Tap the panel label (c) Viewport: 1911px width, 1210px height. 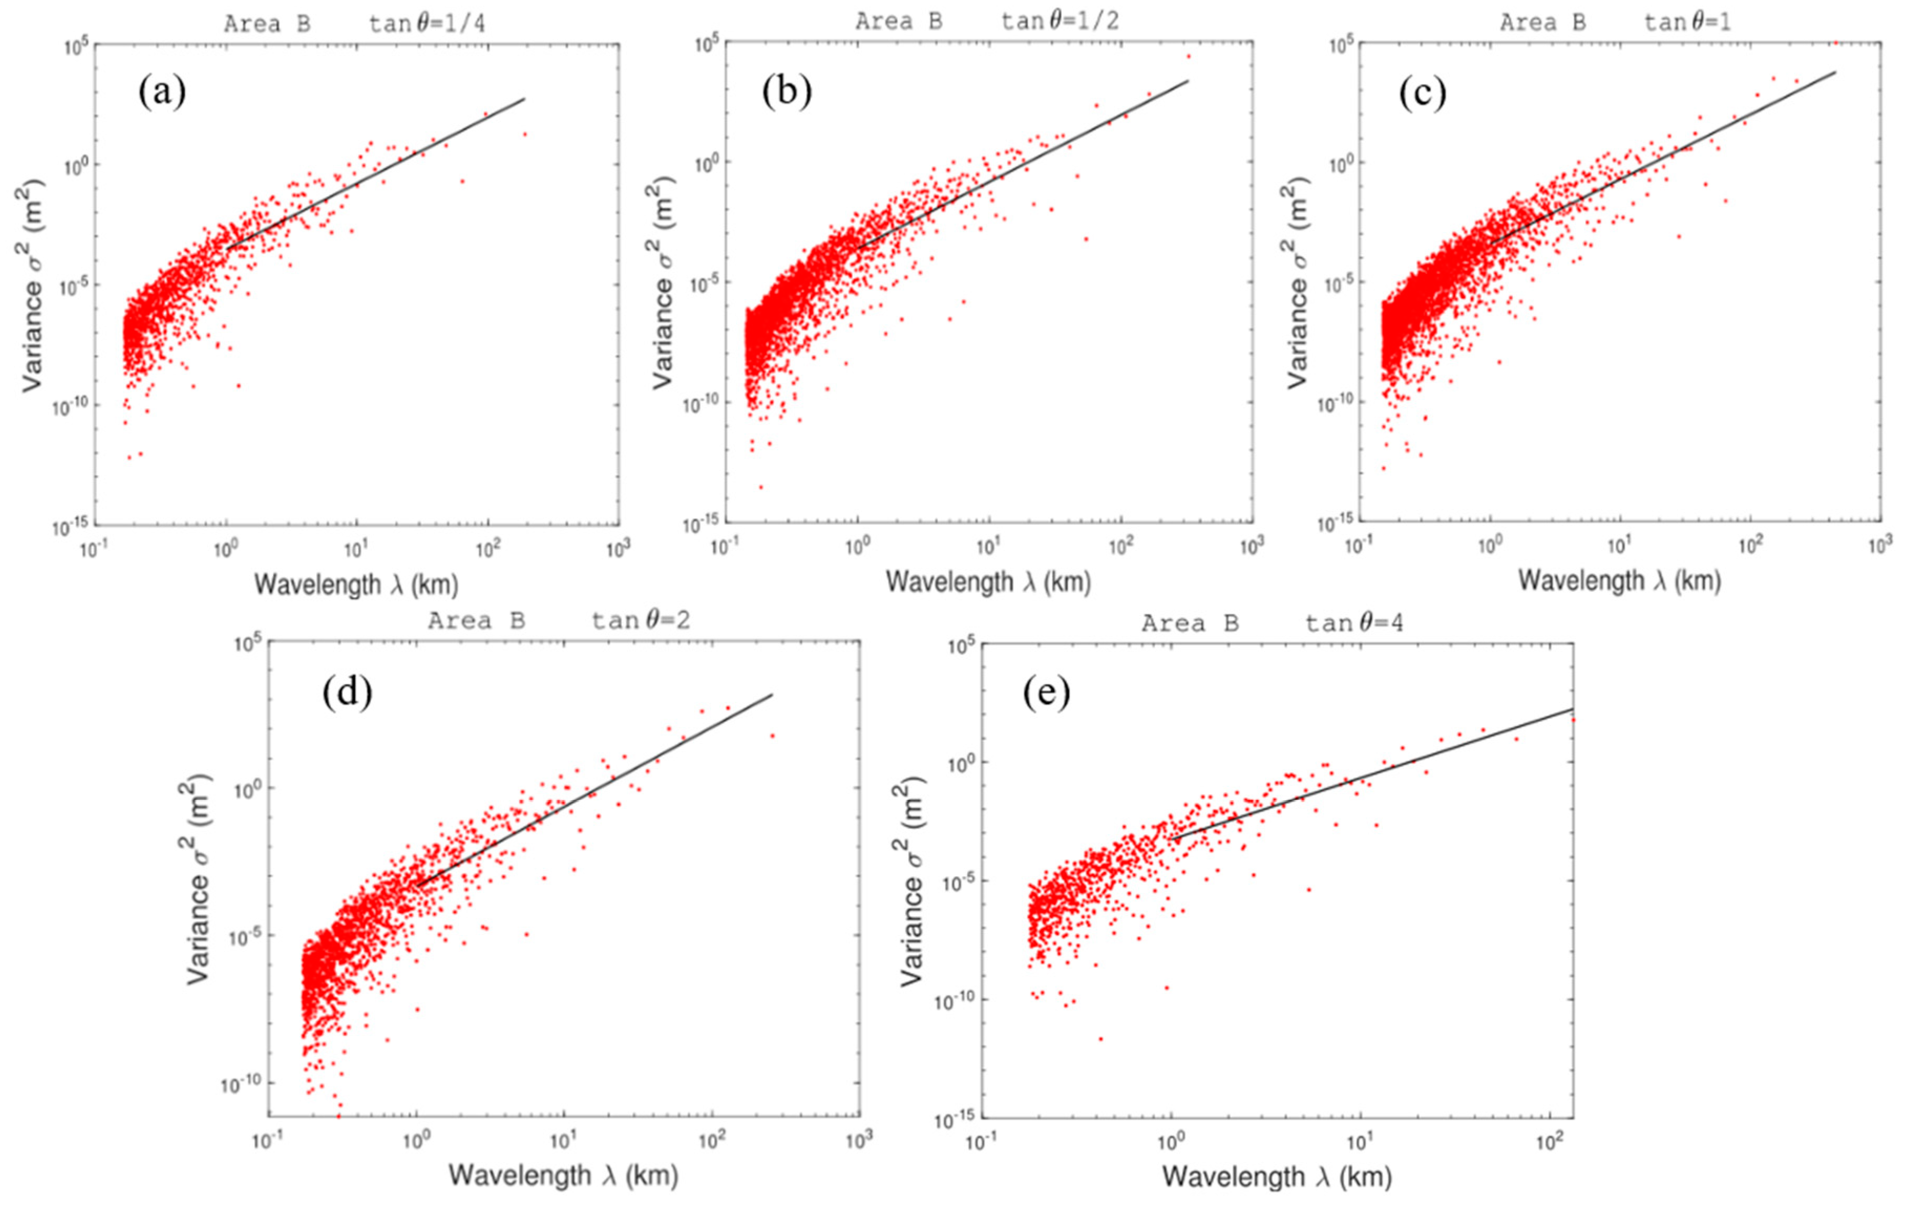(x=1422, y=93)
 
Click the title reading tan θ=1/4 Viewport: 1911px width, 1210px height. (x=427, y=24)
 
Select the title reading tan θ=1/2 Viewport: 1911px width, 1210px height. (x=1060, y=22)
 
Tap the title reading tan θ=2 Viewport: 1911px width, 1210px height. (x=640, y=620)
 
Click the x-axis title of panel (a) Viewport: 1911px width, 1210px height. (x=356, y=585)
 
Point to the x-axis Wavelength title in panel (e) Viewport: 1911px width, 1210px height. (x=1277, y=1176)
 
